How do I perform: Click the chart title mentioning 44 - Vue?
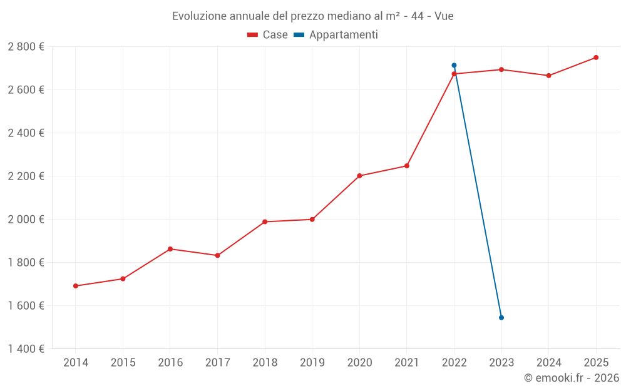pyautogui.click(x=312, y=16)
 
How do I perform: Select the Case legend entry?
pyautogui.click(x=267, y=35)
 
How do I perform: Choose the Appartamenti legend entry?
pyautogui.click(x=336, y=35)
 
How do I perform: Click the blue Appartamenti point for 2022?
pyautogui.click(x=454, y=65)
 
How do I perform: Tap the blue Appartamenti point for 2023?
pyautogui.click(x=501, y=318)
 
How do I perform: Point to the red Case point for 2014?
pyautogui.click(x=76, y=286)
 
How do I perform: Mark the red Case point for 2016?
pyautogui.click(x=170, y=249)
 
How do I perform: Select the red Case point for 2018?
pyautogui.click(x=265, y=221)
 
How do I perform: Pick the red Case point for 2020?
pyautogui.click(x=359, y=176)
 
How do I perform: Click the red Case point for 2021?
pyautogui.click(x=407, y=166)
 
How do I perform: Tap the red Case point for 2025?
pyautogui.click(x=596, y=58)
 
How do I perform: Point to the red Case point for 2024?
pyautogui.click(x=549, y=76)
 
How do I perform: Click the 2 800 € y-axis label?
pyautogui.click(x=26, y=46)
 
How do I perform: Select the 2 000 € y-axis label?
pyautogui.click(x=26, y=219)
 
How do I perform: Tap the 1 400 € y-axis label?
pyautogui.click(x=26, y=348)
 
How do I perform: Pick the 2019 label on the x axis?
pyautogui.click(x=312, y=362)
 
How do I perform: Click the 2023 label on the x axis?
pyautogui.click(x=501, y=362)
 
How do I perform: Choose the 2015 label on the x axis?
pyautogui.click(x=123, y=362)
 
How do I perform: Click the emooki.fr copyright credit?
pyautogui.click(x=571, y=378)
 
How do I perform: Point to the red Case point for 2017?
pyautogui.click(x=217, y=255)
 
